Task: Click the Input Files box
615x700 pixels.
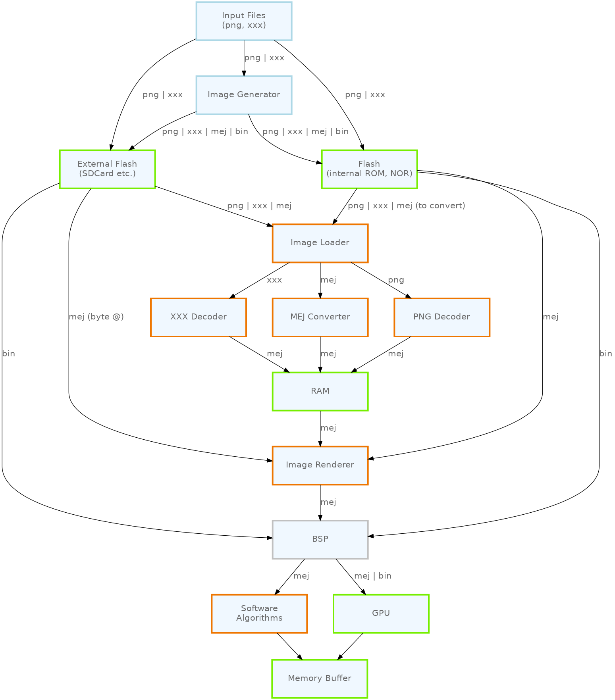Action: (244, 21)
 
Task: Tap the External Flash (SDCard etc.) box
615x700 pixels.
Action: (107, 169)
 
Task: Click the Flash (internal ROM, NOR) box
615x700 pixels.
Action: (369, 169)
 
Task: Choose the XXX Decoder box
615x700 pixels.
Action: (199, 317)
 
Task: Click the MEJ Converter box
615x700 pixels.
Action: (320, 317)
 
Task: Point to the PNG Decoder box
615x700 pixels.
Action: (441, 317)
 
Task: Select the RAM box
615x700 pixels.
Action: (320, 391)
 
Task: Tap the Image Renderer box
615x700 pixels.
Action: (320, 465)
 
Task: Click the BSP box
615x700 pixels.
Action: (320, 539)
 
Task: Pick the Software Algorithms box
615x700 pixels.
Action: (259, 613)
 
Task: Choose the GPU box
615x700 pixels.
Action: (381, 613)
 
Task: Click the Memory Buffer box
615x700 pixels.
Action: (320, 679)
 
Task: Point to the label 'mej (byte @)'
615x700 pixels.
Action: (96, 317)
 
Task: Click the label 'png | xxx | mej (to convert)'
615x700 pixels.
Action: (406, 206)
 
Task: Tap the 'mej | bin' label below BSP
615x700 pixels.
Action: (372, 576)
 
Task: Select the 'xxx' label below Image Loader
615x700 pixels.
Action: (274, 280)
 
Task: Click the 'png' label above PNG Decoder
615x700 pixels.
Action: (396, 280)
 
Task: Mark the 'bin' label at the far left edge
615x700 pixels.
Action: (8, 354)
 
